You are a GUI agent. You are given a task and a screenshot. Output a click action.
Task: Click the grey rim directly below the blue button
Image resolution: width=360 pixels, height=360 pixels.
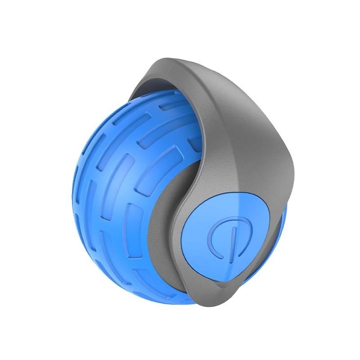point(234,288)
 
